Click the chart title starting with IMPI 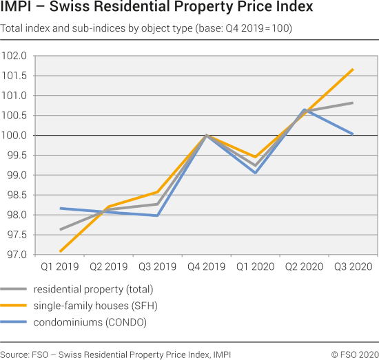[156, 9]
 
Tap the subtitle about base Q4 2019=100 [146, 29]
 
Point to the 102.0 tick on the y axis [14, 56]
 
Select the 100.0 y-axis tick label [14, 136]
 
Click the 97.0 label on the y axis [15, 255]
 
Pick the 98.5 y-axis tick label [15, 195]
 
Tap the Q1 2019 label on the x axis [60, 266]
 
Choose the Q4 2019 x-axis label [207, 266]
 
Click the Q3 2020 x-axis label [353, 266]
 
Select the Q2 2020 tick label [304, 266]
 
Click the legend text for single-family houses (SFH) [101, 305]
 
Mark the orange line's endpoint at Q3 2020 [353, 70]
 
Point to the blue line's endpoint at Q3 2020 [353, 134]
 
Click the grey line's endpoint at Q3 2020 [353, 103]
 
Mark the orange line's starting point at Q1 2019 [61, 251]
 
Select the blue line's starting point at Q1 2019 [61, 208]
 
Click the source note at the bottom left [116, 354]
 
